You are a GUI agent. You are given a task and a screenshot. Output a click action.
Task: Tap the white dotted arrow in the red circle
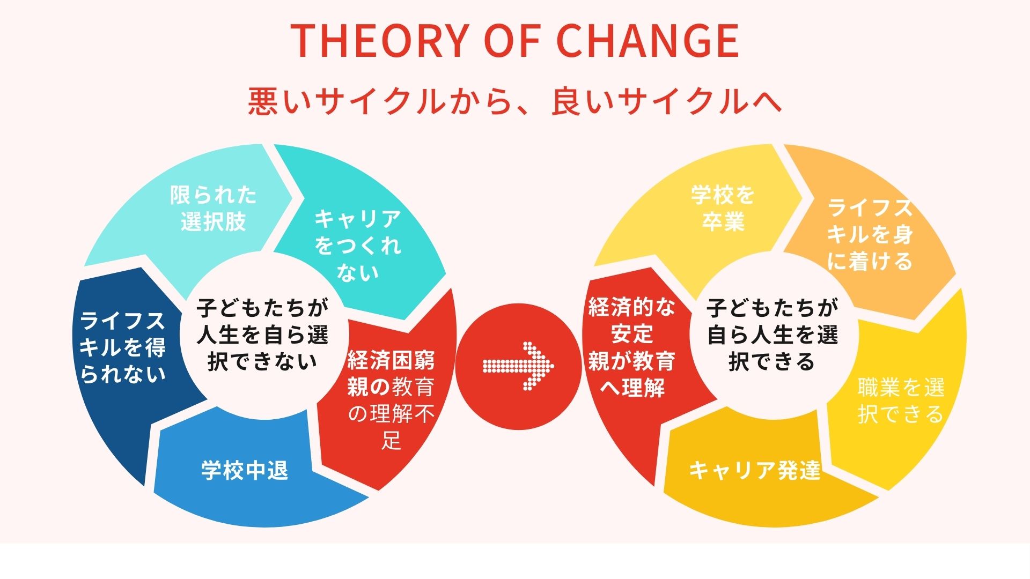click(518, 366)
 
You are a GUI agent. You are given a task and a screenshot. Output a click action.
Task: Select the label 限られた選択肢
click(214, 208)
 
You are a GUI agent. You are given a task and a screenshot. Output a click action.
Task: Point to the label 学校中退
click(245, 470)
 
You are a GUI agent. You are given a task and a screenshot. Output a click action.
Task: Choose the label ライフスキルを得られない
click(122, 347)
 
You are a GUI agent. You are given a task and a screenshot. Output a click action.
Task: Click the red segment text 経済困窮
click(391, 360)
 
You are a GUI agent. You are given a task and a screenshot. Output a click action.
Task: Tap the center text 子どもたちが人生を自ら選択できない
click(262, 335)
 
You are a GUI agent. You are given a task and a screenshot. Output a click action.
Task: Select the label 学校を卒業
click(723, 208)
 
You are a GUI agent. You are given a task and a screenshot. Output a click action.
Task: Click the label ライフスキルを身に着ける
click(870, 234)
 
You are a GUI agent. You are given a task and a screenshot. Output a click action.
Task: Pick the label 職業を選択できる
click(901, 400)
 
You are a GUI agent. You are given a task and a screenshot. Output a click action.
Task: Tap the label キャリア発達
click(755, 470)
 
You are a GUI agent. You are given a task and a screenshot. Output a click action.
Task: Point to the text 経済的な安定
click(632, 321)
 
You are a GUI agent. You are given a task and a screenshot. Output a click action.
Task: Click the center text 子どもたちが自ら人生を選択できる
click(772, 335)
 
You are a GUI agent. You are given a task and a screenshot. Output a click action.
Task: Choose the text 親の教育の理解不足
click(391, 413)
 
